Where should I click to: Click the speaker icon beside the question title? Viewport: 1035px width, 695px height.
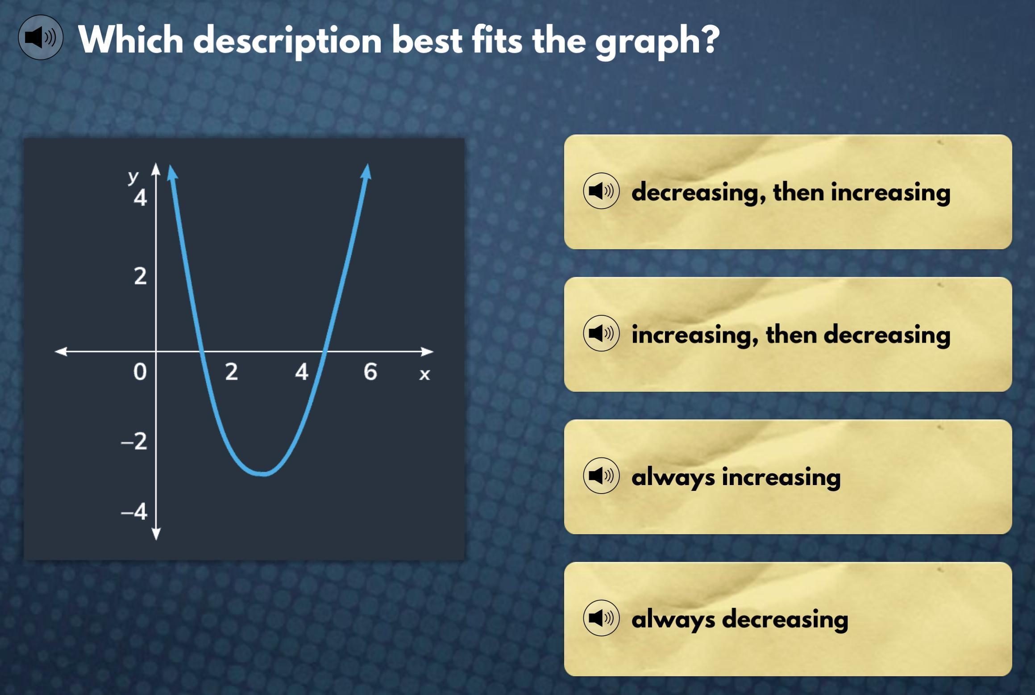tap(41, 38)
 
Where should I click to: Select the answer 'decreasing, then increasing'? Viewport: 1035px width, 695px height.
tap(788, 192)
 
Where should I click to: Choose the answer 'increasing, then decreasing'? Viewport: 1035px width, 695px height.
tap(788, 334)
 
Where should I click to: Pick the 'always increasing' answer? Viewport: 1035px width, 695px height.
tap(788, 477)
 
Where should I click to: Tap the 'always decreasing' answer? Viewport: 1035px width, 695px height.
tap(788, 619)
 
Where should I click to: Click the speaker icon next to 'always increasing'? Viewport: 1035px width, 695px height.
tap(601, 476)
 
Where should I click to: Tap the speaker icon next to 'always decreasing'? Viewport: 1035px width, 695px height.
tap(601, 618)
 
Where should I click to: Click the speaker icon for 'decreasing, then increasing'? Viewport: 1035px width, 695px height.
tap(601, 191)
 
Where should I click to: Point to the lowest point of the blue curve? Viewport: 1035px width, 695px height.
tap(263, 474)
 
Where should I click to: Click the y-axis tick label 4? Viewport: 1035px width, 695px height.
tap(140, 198)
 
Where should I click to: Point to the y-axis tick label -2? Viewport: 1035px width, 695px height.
tap(134, 441)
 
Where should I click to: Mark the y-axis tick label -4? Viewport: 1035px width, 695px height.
tap(134, 512)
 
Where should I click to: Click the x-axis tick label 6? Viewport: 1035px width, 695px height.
tap(370, 372)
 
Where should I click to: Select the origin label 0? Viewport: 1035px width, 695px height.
tap(140, 372)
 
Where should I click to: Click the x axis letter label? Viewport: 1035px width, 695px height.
tap(424, 374)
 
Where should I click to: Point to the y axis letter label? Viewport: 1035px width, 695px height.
tap(133, 177)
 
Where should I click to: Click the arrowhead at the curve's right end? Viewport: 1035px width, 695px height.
tap(366, 172)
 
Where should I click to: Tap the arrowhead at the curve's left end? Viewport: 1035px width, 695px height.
tap(172, 173)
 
